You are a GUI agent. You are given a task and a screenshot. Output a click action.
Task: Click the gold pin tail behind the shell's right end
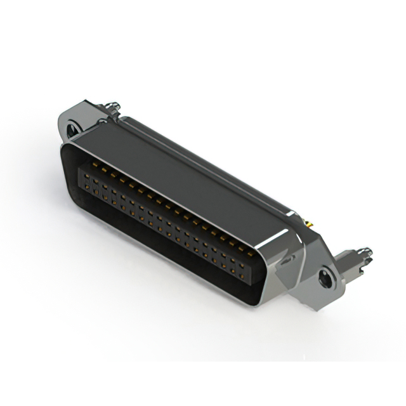[x=309, y=223]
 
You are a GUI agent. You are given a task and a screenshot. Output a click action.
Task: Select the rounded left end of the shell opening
[x=65, y=159]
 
